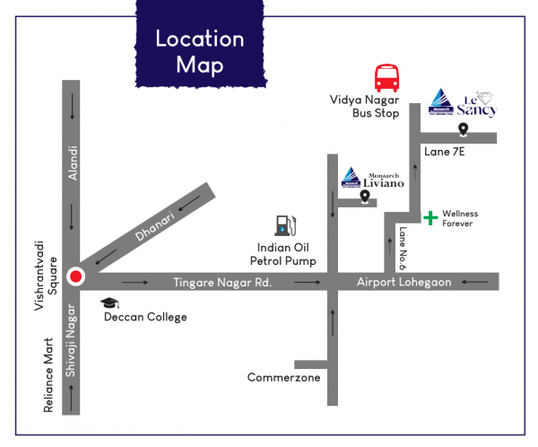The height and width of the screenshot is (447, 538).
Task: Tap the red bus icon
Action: (x=386, y=78)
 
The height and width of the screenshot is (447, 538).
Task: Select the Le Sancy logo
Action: (x=464, y=103)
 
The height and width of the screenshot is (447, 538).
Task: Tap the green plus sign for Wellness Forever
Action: (x=430, y=217)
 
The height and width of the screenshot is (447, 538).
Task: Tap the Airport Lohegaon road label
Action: (x=403, y=283)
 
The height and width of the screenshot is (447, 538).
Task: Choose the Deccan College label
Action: (x=146, y=317)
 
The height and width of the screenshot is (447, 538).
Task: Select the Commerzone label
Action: (x=284, y=378)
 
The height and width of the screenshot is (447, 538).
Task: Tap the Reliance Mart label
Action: (x=50, y=375)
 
